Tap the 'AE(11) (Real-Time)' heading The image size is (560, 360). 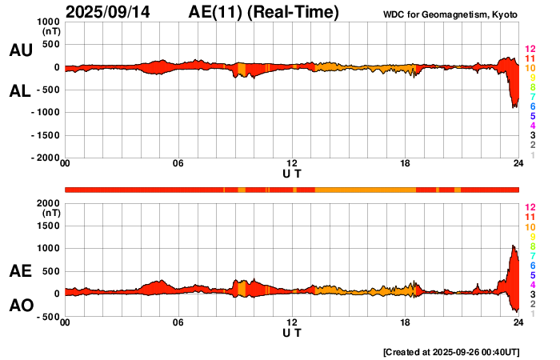pyautogui.click(x=264, y=12)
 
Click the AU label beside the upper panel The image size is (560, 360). pyautogui.click(x=20, y=50)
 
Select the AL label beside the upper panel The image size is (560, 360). pyautogui.click(x=20, y=91)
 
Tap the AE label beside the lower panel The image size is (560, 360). pyautogui.click(x=20, y=271)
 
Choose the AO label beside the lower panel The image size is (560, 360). pyautogui.click(x=20, y=306)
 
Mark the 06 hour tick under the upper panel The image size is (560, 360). pyautogui.click(x=178, y=164)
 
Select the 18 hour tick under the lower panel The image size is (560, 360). pyautogui.click(x=405, y=322)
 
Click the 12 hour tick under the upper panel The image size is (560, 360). pyautogui.click(x=292, y=164)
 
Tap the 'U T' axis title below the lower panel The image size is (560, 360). pyautogui.click(x=292, y=332)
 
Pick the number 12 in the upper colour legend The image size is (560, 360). pyautogui.click(x=529, y=50)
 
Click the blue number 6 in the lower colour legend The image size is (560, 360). pyautogui.click(x=531, y=265)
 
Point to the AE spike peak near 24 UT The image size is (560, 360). pyautogui.click(x=512, y=246)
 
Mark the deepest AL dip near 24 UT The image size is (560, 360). pyautogui.click(x=514, y=107)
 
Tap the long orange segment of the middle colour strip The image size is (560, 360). pyautogui.click(x=365, y=190)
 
